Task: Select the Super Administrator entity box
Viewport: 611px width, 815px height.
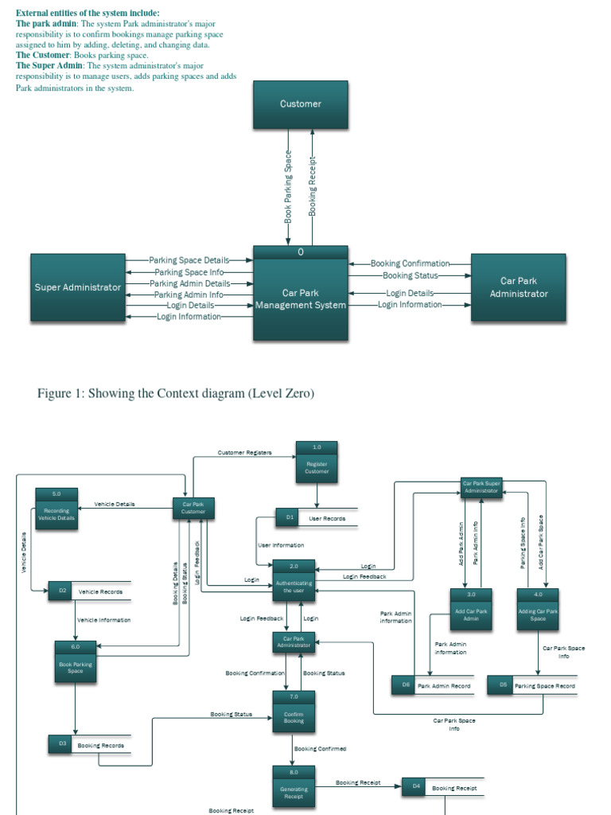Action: [x=77, y=287]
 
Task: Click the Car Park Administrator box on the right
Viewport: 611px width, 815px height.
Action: [x=518, y=287]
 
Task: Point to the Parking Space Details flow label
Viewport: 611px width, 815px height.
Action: [x=189, y=260]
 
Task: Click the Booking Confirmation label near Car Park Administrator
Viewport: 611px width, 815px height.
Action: [x=410, y=263]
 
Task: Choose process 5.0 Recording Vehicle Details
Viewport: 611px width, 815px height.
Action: [x=56, y=509]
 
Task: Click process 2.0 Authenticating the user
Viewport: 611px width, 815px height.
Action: [x=294, y=583]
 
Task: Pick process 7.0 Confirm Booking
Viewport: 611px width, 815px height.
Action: [x=294, y=712]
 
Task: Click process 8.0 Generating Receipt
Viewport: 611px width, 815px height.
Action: [x=294, y=788]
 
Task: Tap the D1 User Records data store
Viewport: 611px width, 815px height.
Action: [x=316, y=518]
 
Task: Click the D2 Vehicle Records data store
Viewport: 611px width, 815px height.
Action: [x=89, y=591]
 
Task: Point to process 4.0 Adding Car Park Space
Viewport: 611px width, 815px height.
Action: [x=538, y=610]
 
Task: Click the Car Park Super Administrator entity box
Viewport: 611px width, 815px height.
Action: [x=481, y=487]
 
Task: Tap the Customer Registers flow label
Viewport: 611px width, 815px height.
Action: [x=244, y=453]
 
